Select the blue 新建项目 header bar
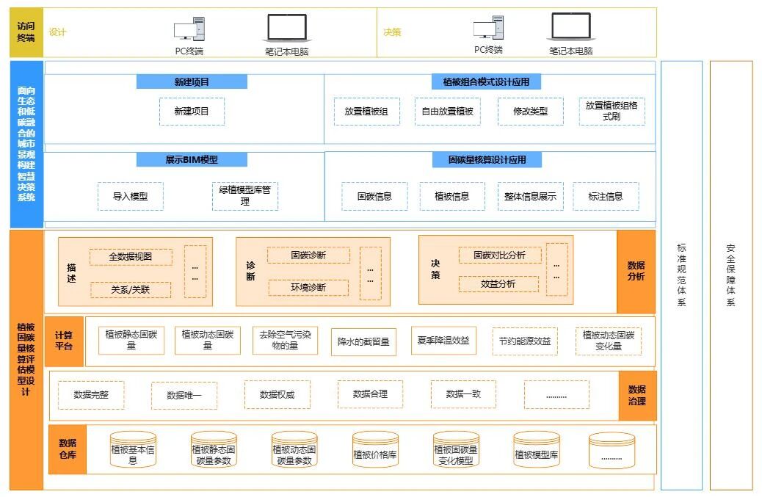coord(192,81)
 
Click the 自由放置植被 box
coord(448,112)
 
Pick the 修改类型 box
coord(530,112)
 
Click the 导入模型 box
coord(130,197)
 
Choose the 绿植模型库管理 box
coord(245,196)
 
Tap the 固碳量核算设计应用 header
coord(487,160)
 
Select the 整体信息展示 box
coord(530,197)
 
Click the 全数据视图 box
coord(131,257)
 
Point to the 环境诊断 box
coord(308,288)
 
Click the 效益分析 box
coord(498,284)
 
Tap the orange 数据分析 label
coord(636,271)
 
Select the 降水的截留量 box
coord(363,341)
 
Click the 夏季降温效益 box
coord(442,341)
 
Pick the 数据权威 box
coord(277,395)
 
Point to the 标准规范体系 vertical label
coord(681,275)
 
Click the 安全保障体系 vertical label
coord(730,275)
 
